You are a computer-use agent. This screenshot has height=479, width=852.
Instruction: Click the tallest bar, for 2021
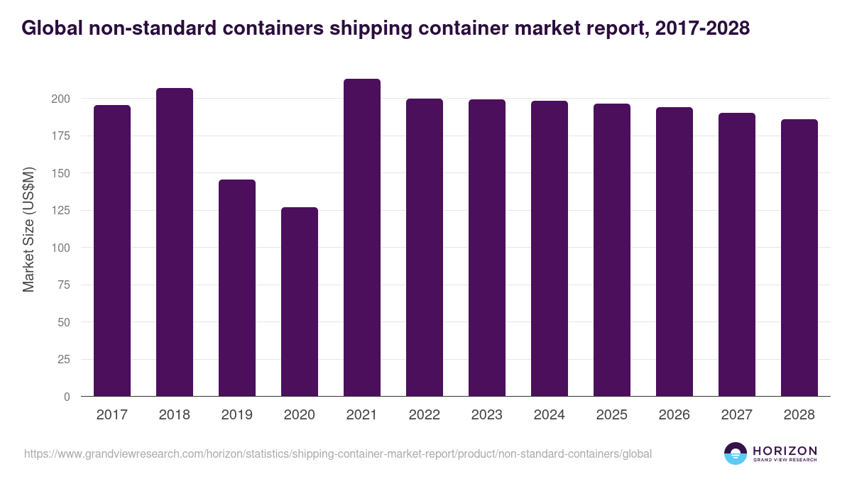362,238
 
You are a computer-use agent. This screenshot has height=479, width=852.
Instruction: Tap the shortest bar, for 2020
300,302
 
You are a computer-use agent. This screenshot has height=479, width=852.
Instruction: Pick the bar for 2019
237,288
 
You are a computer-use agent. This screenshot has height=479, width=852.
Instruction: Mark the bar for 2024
550,248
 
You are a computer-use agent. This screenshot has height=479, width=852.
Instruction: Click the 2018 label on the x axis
175,415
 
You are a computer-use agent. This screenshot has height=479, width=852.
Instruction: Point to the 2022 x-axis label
425,415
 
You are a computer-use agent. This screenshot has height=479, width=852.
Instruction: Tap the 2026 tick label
674,415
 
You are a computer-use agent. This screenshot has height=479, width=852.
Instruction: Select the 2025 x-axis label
612,415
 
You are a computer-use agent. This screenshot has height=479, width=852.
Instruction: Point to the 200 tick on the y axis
60,99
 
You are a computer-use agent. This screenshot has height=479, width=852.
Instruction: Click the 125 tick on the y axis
60,211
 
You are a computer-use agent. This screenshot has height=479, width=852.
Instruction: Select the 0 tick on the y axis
67,397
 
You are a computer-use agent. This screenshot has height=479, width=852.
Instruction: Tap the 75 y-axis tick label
63,285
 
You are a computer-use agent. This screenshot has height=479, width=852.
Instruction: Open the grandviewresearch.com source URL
338,453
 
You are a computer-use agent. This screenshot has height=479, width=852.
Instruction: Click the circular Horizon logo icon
736,453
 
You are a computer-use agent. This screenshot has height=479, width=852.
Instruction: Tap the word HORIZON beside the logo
785,451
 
